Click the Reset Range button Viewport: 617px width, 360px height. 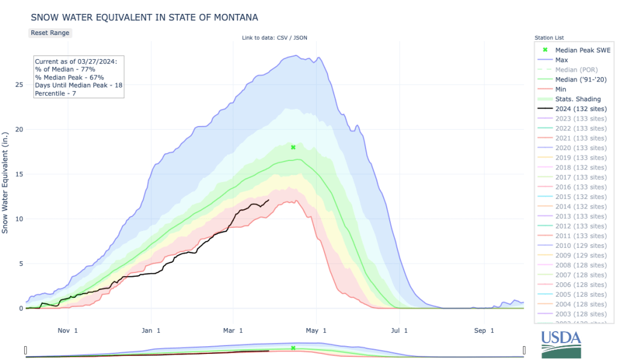[50, 33]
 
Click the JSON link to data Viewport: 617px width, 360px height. [299, 38]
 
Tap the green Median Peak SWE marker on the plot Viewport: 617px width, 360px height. [293, 147]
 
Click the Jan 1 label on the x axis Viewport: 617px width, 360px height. [151, 330]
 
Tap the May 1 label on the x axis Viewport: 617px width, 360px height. [315, 330]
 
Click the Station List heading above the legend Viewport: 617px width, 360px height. [549, 38]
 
